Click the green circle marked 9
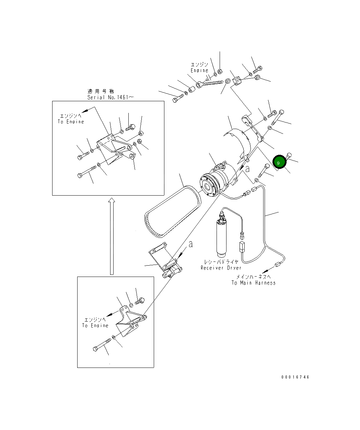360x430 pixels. (x=279, y=162)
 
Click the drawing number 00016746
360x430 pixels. (x=295, y=377)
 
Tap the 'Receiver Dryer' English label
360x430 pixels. (x=221, y=268)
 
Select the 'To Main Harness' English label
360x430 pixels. (x=253, y=282)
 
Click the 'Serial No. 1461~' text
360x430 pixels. (x=111, y=97)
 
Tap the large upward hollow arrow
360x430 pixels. (x=112, y=236)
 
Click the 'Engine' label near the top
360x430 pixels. (x=199, y=70)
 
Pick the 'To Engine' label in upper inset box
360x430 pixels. (x=71, y=122)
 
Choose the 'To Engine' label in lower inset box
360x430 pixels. (x=95, y=325)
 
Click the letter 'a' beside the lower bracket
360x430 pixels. (x=191, y=244)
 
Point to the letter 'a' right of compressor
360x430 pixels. (x=247, y=169)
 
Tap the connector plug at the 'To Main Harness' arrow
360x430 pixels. (x=277, y=264)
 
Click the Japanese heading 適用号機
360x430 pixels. (x=101, y=91)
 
